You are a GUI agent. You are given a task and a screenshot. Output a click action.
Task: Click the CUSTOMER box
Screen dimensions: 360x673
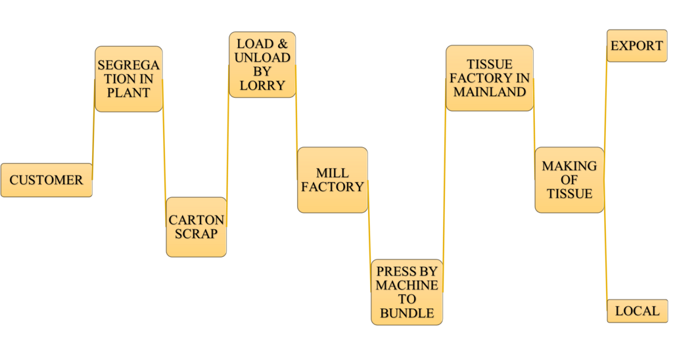coord(46,180)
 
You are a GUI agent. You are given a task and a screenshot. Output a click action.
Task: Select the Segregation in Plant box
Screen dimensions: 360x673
coord(128,79)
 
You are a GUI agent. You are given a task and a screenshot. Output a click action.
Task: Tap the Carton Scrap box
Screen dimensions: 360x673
coord(196,227)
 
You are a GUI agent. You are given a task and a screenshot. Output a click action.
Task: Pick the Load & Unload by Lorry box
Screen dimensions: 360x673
coord(262,64)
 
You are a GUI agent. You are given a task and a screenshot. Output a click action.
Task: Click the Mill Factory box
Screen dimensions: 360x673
coord(332,180)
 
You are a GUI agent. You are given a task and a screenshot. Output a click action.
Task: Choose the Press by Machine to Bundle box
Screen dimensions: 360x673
coord(407,292)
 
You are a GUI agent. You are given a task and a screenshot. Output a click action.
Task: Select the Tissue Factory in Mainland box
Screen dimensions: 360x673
coord(490,78)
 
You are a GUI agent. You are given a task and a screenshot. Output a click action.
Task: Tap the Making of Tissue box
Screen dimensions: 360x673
coord(569,180)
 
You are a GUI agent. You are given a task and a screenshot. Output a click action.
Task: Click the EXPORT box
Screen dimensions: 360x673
coord(637,46)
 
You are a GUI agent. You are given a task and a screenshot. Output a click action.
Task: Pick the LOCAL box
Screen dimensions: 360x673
coord(637,311)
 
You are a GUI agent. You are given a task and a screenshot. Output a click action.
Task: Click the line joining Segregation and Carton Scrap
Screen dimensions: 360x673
coord(164,154)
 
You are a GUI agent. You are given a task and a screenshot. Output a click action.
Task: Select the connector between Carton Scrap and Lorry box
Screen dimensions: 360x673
coord(228,148)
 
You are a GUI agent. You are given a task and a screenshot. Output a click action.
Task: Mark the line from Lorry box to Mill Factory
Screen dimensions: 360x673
coord(296,122)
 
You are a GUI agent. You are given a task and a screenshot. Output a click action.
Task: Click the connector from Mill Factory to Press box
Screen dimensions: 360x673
coord(369,236)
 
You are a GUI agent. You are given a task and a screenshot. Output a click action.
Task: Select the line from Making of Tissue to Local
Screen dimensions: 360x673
coord(605,256)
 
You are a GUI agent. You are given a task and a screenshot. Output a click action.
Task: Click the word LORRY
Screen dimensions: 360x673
coord(262,85)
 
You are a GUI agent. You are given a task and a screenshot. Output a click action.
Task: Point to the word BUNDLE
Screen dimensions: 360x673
coord(407,313)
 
